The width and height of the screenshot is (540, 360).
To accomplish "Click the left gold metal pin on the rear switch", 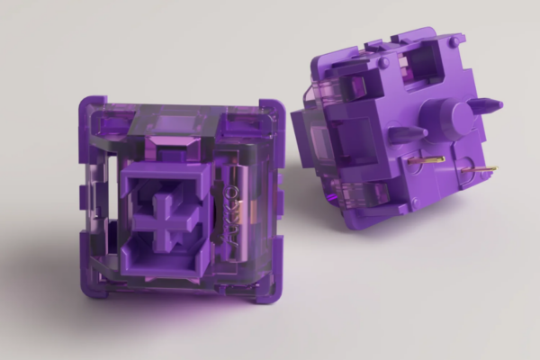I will (429, 160).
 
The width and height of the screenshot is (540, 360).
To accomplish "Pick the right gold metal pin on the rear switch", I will (482, 168).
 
